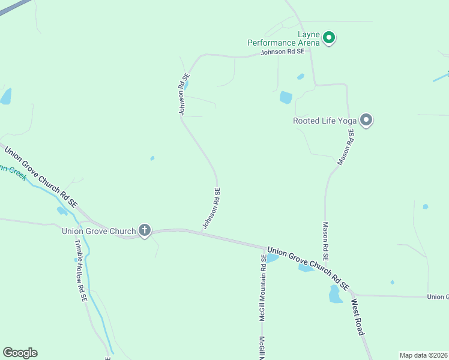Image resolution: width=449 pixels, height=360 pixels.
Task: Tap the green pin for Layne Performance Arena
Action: pos(328,38)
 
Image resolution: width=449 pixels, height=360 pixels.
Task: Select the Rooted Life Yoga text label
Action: pos(325,121)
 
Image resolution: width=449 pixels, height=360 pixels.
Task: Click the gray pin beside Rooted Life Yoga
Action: pos(366,120)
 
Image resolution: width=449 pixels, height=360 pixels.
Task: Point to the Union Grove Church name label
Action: pos(99,230)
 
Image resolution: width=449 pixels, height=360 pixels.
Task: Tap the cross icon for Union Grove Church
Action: pos(144,230)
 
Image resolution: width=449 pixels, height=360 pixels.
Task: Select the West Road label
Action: pos(358,316)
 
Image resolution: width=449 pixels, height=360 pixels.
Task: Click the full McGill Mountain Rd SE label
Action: pos(263,287)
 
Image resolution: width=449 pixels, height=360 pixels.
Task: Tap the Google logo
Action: pos(20,353)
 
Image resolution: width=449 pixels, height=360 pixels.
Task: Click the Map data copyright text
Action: pos(423,355)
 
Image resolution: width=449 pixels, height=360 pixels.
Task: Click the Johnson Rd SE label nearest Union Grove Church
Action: pos(212,208)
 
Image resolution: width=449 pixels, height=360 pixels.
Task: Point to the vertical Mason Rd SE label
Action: pos(325,245)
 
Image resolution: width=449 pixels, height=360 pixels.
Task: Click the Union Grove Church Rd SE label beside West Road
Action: pos(308,268)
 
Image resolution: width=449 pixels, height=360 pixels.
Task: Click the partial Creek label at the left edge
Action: pos(11,170)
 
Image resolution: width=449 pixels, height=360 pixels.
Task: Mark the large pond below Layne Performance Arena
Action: pos(286,97)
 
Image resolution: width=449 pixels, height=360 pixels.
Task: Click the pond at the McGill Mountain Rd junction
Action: pos(271,258)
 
